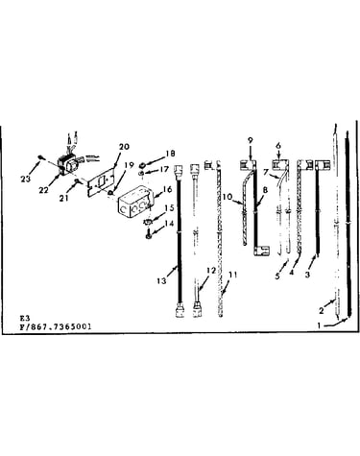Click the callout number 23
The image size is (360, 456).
(x=25, y=179)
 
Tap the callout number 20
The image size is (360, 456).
(x=125, y=147)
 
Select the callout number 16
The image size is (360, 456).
(x=167, y=189)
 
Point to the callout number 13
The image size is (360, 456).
(x=161, y=280)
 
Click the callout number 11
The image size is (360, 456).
(x=233, y=275)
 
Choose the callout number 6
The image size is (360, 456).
(x=278, y=145)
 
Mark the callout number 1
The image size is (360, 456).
(x=319, y=325)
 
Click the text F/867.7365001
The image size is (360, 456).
(x=56, y=326)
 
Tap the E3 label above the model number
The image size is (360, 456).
(x=25, y=318)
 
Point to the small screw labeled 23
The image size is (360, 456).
(x=41, y=156)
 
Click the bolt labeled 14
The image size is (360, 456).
(x=148, y=234)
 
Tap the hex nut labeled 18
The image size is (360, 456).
(x=141, y=165)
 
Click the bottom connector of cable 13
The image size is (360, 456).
(x=180, y=310)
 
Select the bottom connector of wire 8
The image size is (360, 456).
(x=262, y=251)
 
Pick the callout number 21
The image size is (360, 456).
(x=64, y=199)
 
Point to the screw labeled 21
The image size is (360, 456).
(x=77, y=182)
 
